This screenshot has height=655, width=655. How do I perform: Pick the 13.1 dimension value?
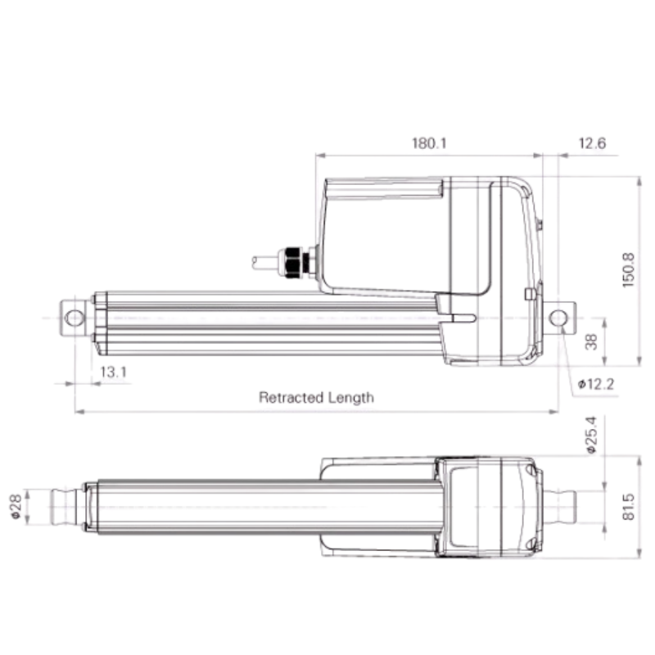[x=113, y=372]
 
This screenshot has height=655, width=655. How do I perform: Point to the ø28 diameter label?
[x=16, y=508]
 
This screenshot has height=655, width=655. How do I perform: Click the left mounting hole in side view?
[x=75, y=318]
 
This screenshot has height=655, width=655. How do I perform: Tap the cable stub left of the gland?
[x=266, y=263]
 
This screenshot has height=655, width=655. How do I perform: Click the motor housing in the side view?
[x=385, y=237]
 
